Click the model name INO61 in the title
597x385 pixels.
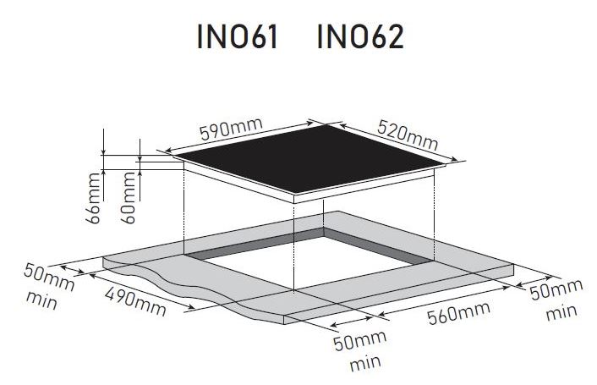(238, 36)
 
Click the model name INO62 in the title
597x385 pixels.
(360, 36)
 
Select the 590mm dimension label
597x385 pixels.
(231, 129)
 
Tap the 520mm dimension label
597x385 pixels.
(408, 135)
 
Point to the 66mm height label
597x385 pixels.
(93, 198)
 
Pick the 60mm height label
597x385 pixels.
(128, 198)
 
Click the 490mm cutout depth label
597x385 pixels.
(135, 301)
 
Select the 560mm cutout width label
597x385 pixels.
(458, 313)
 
